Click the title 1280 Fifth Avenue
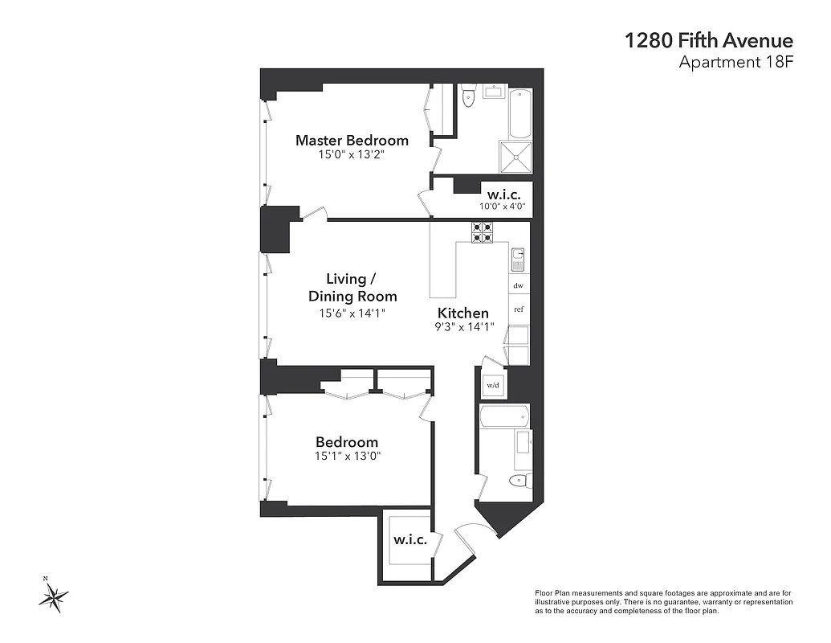point(709,41)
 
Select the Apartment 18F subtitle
point(736,63)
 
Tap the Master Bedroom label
point(352,140)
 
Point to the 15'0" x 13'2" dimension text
point(352,155)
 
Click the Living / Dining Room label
point(352,288)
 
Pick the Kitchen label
point(462,313)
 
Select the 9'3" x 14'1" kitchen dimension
point(465,327)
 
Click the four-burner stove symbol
point(482,232)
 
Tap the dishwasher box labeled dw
point(518,285)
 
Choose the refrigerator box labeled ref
point(519,309)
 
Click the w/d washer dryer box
point(492,385)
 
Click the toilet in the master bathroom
point(470,97)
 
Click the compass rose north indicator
point(54,596)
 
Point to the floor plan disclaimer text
point(663,601)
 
